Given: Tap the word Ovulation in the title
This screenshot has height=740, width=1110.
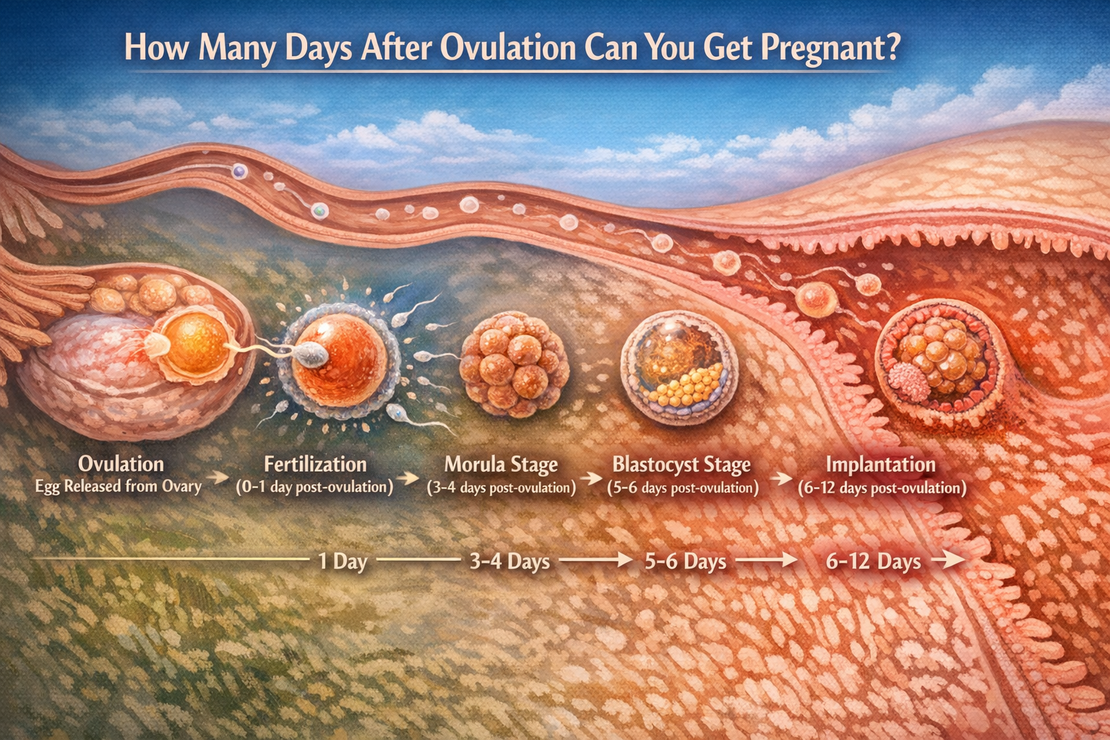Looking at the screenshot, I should (x=508, y=48).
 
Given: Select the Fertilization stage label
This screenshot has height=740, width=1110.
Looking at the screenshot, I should (x=315, y=464).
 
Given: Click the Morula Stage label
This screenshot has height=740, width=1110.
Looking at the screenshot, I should (x=501, y=464).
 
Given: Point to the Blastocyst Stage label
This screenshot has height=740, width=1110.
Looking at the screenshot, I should (x=681, y=464).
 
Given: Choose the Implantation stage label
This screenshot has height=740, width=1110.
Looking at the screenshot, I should (x=880, y=464).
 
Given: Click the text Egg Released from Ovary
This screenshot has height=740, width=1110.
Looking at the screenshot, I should (x=118, y=486).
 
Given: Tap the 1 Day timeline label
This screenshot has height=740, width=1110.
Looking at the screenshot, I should (x=343, y=562).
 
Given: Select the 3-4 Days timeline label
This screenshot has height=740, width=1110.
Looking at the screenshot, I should (x=509, y=562).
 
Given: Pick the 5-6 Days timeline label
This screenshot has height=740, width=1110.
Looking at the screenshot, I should (x=685, y=562).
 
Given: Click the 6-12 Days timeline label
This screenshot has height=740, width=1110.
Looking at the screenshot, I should (x=873, y=562).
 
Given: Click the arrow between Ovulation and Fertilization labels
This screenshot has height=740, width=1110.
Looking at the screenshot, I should (x=216, y=478).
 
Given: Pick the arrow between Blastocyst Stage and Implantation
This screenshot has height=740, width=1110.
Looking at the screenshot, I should (x=780, y=478).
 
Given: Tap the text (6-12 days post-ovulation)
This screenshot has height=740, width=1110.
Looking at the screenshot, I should (x=882, y=488).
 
